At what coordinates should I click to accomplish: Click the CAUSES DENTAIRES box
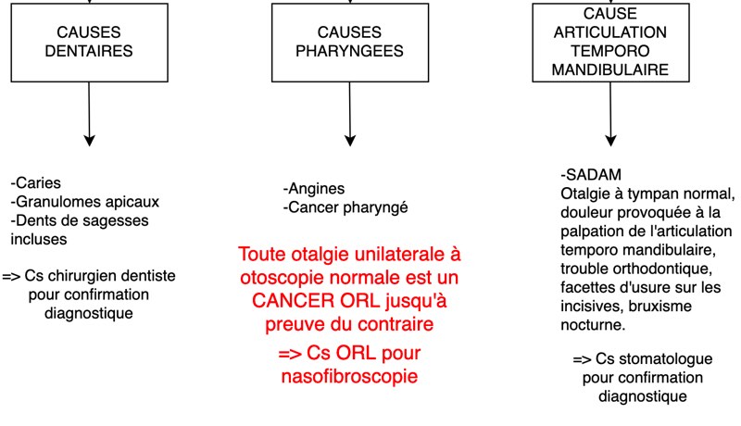[89, 43]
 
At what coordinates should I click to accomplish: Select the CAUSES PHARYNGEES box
[350, 43]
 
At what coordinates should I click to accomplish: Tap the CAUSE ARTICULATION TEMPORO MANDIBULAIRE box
[610, 43]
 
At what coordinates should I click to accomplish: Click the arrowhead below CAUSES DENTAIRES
[89, 140]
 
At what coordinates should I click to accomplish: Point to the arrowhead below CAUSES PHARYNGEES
[350, 140]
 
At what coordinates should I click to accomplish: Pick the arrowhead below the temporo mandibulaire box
[610, 140]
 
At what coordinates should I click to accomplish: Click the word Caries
[38, 183]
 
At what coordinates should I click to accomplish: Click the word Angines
[316, 189]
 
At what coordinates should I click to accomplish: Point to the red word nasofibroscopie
[350, 376]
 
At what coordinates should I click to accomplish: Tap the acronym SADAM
[594, 175]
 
